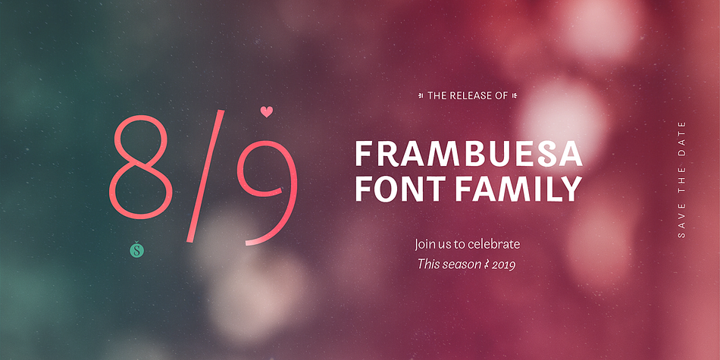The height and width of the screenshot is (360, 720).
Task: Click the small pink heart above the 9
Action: point(266,111)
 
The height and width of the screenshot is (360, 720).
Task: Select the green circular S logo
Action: point(137,250)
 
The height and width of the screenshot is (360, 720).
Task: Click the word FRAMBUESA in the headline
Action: point(469,155)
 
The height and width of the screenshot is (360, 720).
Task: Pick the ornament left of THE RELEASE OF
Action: point(421,96)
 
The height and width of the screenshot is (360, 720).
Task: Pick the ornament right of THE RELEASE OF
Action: point(515,96)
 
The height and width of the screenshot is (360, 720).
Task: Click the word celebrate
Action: point(493,244)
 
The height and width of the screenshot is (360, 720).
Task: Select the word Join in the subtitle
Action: point(424,244)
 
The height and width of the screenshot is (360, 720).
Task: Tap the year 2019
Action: point(504,265)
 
